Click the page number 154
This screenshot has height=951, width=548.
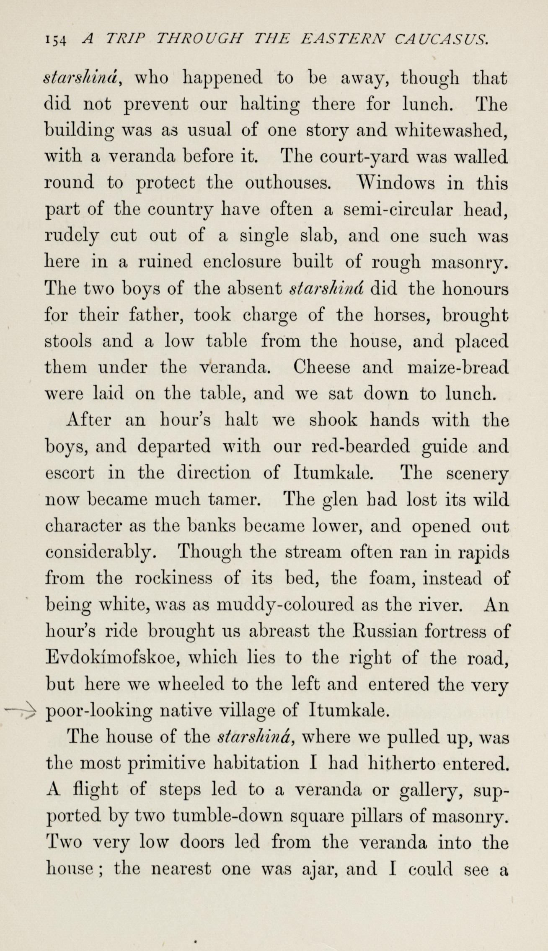pos(55,40)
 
